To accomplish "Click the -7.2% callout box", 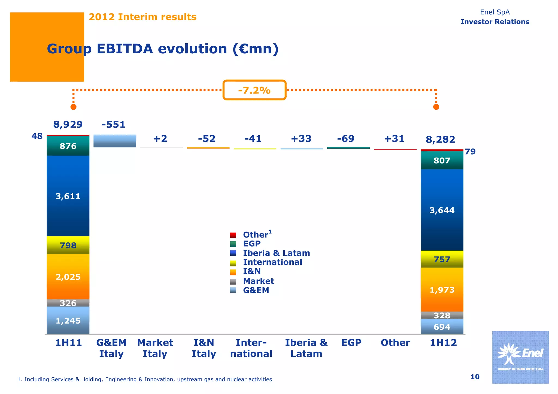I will [254, 90].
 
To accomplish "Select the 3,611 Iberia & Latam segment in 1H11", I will [68, 196].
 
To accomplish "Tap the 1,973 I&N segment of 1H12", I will [442, 290].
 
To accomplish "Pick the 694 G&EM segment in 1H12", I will [442, 327].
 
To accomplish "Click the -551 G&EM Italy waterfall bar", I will [115, 141].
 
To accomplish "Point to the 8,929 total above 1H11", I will [68, 124].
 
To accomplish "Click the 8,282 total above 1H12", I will [440, 140].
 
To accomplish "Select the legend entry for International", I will [272, 262].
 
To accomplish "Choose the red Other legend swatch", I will [233, 235].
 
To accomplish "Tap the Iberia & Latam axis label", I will [306, 348].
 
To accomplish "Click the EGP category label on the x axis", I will [351, 343].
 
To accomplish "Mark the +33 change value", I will [301, 139].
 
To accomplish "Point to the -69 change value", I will [345, 138].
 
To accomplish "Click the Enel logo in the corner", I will [520, 357].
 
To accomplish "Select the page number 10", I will [475, 377].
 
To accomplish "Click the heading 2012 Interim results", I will [142, 17].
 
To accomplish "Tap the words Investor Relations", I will [495, 22].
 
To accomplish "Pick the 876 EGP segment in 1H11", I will [68, 146].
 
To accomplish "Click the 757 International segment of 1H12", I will [442, 259].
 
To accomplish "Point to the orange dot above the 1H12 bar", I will [436, 107].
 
